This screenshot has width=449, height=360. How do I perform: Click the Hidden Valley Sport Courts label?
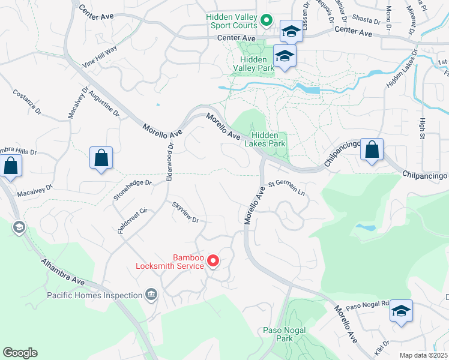[232, 21]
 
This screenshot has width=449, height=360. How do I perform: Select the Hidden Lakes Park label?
[264, 139]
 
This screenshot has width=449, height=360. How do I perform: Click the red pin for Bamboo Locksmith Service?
[212, 260]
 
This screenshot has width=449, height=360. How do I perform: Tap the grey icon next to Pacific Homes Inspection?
[151, 295]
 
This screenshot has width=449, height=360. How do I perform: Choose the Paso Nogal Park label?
[285, 334]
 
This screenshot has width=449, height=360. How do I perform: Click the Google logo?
[20, 353]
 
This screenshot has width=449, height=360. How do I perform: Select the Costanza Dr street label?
[28, 102]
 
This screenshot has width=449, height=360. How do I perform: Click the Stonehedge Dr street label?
[133, 190]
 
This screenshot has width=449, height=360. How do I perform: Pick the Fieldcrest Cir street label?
[133, 221]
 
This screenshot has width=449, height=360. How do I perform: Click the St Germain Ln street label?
[287, 188]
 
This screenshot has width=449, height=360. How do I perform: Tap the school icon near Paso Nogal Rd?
[401, 311]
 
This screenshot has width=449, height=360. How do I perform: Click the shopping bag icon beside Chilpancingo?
[372, 150]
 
